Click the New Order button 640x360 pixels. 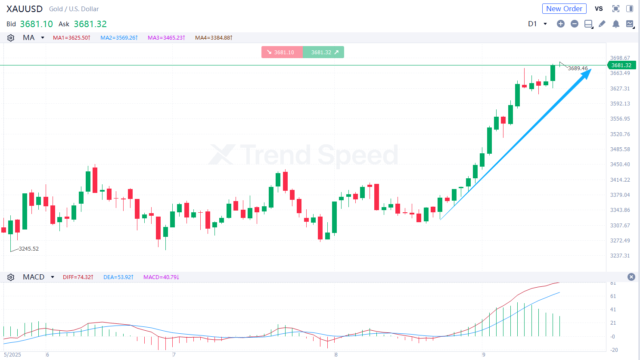pyautogui.click(x=564, y=9)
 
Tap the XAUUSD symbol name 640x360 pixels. pyautogui.click(x=25, y=9)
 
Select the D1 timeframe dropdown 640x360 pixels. pyautogui.click(x=537, y=24)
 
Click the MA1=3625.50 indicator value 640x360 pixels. pyautogui.click(x=71, y=38)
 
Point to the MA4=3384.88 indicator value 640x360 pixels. pyautogui.click(x=214, y=38)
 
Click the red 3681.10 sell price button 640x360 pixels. pyautogui.click(x=282, y=52)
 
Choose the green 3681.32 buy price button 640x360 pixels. pyautogui.click(x=323, y=52)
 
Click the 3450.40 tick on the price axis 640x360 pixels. pyautogui.click(x=620, y=164)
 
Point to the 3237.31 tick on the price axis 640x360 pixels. pyautogui.click(x=620, y=256)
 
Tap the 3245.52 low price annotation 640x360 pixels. pyautogui.click(x=28, y=249)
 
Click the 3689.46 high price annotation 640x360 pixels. pyautogui.click(x=578, y=68)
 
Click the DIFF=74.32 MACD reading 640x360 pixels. pyautogui.click(x=78, y=277)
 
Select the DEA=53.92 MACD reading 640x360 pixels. pyautogui.click(x=118, y=277)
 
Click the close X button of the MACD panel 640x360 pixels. pyautogui.click(x=631, y=277)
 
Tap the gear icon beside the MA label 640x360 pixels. pyautogui.click(x=11, y=38)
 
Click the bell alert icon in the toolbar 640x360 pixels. pyautogui.click(x=616, y=24)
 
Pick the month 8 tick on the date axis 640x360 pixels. pyautogui.click(x=336, y=355)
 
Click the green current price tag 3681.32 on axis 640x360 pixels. pyautogui.click(x=621, y=65)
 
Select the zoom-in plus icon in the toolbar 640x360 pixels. pyautogui.click(x=560, y=24)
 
